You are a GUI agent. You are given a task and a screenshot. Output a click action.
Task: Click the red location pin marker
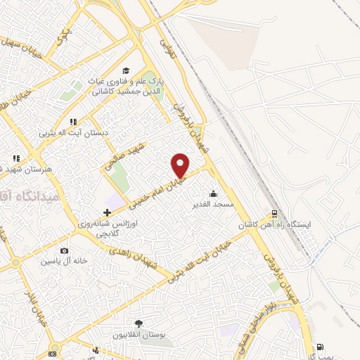(x=181, y=165)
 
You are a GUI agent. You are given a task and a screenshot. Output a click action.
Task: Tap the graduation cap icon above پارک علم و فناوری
(x=126, y=70)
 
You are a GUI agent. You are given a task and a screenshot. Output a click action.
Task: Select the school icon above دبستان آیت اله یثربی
(x=73, y=122)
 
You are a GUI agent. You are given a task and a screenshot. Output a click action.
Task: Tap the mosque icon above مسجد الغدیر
(x=214, y=193)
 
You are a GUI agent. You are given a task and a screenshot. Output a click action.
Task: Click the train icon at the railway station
(x=274, y=214)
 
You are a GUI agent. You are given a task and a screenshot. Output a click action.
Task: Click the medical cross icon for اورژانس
(x=107, y=212)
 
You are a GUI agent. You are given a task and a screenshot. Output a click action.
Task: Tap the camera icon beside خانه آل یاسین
(x=65, y=251)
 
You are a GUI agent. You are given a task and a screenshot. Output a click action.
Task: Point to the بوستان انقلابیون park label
(x=138, y=335)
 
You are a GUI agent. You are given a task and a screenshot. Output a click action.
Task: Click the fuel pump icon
(x=321, y=347)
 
